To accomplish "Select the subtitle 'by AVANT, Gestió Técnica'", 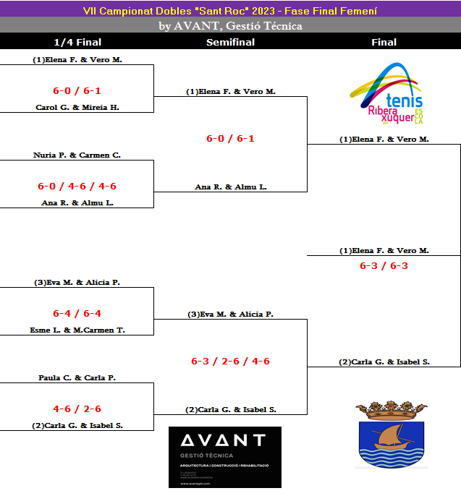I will coord(230,26).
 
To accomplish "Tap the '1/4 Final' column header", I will coord(77,42).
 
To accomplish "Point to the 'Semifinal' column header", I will coord(230,42).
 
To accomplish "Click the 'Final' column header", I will coord(384,42).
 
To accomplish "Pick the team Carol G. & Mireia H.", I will coord(77,107).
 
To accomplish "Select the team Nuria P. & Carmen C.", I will coord(77,155).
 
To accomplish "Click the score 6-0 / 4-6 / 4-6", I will coord(77,186).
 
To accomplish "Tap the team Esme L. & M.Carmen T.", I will coord(77,330).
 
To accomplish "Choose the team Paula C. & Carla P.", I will coord(77,377).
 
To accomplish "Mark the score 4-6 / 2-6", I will coord(77,409).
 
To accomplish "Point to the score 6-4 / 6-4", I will coord(77,313).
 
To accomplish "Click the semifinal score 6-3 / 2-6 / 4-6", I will coord(230,361).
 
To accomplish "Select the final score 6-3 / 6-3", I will coord(384,265).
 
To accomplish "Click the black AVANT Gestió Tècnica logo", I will coord(224,456).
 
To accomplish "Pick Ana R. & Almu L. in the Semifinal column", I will coord(231,187).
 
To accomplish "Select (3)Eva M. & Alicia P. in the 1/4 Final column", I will coord(77,282).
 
